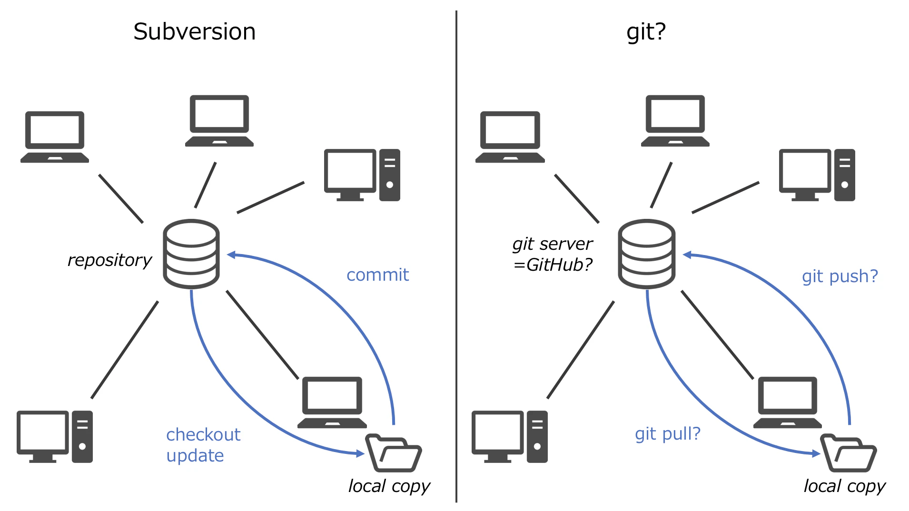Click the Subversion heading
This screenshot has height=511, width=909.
(x=194, y=32)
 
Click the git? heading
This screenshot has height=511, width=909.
(x=646, y=32)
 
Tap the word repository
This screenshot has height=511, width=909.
(x=109, y=260)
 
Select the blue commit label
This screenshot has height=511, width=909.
(x=377, y=275)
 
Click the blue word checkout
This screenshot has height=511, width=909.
(x=203, y=434)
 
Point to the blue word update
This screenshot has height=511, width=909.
(x=195, y=456)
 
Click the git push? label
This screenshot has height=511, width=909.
(x=840, y=276)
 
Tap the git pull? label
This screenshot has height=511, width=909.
(x=668, y=434)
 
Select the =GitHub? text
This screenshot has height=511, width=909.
(x=553, y=265)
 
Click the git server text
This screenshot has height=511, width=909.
(x=553, y=244)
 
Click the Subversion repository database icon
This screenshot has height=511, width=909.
(x=191, y=254)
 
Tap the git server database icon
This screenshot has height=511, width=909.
(x=646, y=254)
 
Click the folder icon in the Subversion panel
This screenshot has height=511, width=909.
(x=394, y=453)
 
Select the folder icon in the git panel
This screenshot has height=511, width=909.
(x=849, y=453)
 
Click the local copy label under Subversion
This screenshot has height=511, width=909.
(x=389, y=486)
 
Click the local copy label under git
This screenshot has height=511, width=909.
(x=845, y=486)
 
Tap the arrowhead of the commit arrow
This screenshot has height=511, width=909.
(x=231, y=255)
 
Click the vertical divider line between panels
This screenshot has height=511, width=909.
(x=456, y=256)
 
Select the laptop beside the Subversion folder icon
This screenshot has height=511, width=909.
(x=332, y=403)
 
